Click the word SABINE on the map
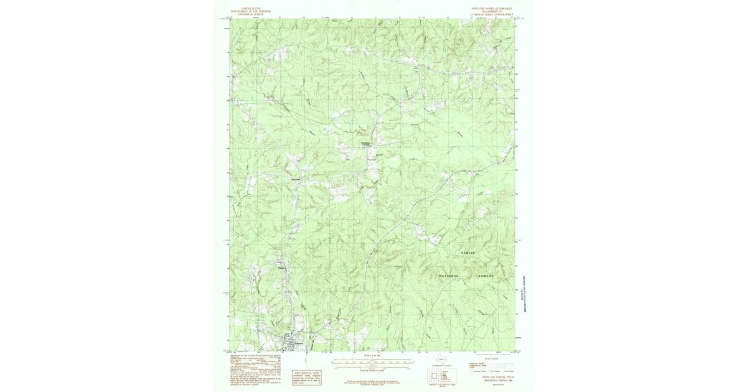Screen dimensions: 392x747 (468, 253)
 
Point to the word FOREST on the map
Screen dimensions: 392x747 (486, 276)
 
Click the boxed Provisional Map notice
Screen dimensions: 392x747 (307, 378)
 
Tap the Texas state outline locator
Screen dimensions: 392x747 (443, 358)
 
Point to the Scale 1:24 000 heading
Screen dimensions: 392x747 (372, 355)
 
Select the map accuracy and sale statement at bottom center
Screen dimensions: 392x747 (372, 383)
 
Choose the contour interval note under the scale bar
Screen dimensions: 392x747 (372, 369)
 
